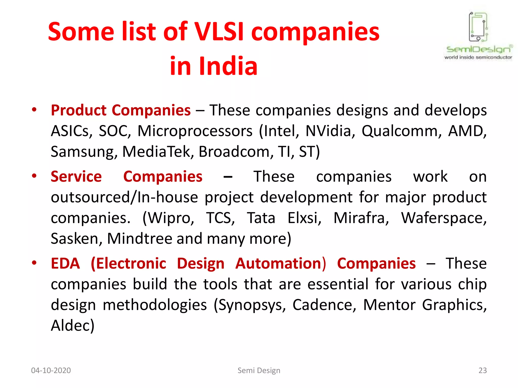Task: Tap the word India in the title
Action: tap(228, 66)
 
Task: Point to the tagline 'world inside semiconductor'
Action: tap(478, 57)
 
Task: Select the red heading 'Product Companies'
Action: tap(121, 110)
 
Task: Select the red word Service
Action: tap(76, 176)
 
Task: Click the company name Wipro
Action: tap(168, 218)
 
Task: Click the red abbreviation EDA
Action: tap(65, 263)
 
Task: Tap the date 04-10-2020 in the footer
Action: tap(51, 371)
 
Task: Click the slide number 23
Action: tap(483, 371)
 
